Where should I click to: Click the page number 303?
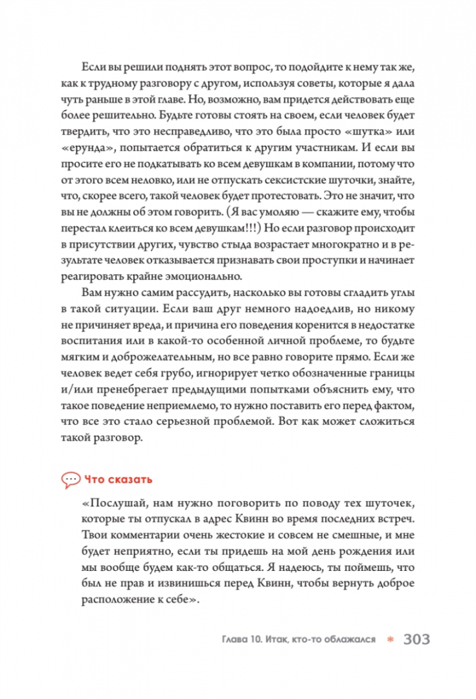coord(416,639)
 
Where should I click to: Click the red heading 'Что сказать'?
coord(117,480)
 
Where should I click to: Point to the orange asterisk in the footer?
coord(390,639)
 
